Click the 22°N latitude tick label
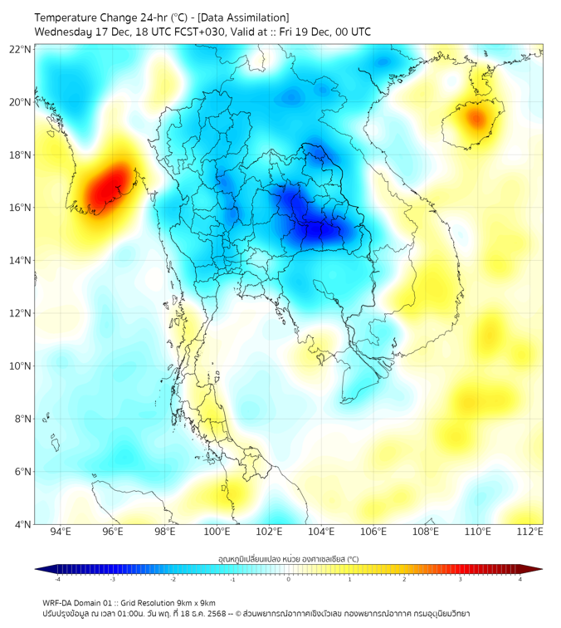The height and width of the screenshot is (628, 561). tap(20, 50)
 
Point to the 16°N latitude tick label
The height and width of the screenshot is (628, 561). tap(20, 208)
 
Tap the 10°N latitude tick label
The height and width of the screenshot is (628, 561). tap(20, 366)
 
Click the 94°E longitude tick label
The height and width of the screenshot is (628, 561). tap(61, 532)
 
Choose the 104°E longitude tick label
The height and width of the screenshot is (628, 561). tap(321, 532)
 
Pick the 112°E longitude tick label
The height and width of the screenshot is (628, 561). tap(530, 532)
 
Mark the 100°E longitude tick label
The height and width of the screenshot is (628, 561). tap(217, 532)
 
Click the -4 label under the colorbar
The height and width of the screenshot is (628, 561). tap(56, 579)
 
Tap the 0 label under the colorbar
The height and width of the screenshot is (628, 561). tap(289, 579)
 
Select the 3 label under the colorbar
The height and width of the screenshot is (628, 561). tap(460, 579)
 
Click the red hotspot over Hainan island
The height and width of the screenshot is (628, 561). tap(475, 118)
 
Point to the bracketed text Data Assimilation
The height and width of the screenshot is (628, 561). tap(246, 17)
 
